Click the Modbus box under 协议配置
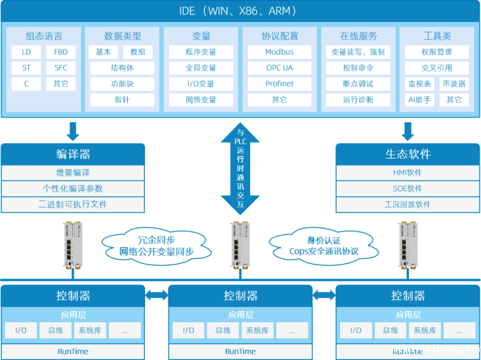(x=279, y=52)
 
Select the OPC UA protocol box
(x=279, y=68)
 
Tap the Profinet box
(x=279, y=84)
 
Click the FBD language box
(x=60, y=52)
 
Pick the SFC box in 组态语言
(x=60, y=68)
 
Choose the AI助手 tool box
(x=419, y=100)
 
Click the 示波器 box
(x=454, y=84)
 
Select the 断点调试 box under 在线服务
(x=358, y=84)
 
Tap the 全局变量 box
(x=201, y=68)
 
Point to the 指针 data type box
(x=122, y=100)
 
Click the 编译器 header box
(x=73, y=154)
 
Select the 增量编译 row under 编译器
(x=73, y=172)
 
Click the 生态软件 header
(x=407, y=154)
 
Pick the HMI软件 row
(x=407, y=172)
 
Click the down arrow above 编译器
(x=73, y=130)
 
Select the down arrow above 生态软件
(x=407, y=130)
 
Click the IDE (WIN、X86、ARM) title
(x=240, y=12)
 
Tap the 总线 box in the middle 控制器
(x=223, y=330)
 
